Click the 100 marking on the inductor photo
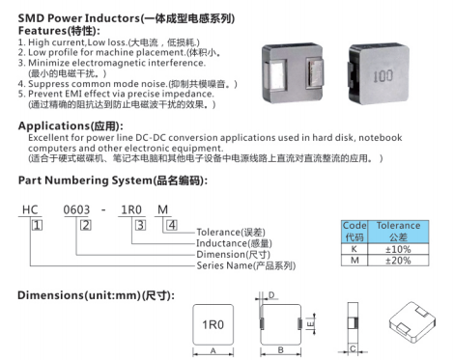382,76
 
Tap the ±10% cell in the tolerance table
398,249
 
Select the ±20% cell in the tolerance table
398,261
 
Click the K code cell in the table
354,249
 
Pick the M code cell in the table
354,261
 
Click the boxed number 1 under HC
37,225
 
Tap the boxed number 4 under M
172,225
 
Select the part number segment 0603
76,209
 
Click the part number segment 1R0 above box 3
131,209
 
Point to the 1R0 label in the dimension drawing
212,324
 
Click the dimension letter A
212,351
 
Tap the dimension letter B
280,350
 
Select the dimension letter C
353,348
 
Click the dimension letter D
271,295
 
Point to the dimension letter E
310,324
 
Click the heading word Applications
53,125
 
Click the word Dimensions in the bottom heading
51,295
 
